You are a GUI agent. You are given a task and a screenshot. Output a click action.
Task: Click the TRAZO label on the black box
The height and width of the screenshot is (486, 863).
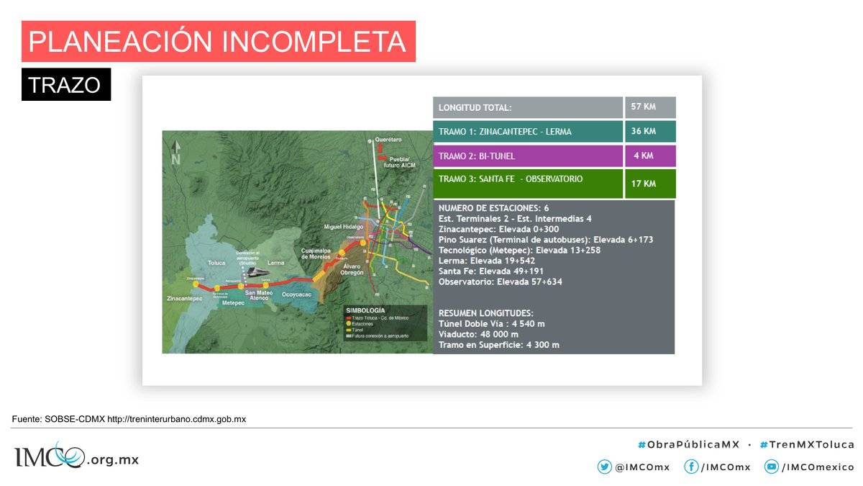pyautogui.click(x=65, y=85)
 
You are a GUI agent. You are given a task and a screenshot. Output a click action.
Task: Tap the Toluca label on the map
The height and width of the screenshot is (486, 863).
pyautogui.click(x=217, y=264)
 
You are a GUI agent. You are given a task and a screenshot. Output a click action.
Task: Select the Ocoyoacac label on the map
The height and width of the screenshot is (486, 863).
pyautogui.click(x=300, y=295)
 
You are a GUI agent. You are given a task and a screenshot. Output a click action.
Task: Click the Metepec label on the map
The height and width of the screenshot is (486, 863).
pyautogui.click(x=233, y=303)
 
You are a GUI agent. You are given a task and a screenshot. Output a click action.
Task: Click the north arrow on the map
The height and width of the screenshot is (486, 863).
pyautogui.click(x=175, y=153)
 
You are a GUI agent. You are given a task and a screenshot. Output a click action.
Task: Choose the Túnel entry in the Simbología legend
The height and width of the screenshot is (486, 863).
pyautogui.click(x=357, y=330)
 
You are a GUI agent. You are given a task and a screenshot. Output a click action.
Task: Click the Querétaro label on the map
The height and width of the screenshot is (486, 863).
pyautogui.click(x=388, y=139)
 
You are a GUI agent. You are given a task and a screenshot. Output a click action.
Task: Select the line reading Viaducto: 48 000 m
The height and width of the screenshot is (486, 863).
pyautogui.click(x=478, y=335)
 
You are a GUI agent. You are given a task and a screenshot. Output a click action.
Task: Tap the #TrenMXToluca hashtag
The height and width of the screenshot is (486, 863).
pyautogui.click(x=806, y=444)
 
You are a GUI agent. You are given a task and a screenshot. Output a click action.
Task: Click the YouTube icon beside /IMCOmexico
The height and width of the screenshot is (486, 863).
pyautogui.click(x=771, y=467)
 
